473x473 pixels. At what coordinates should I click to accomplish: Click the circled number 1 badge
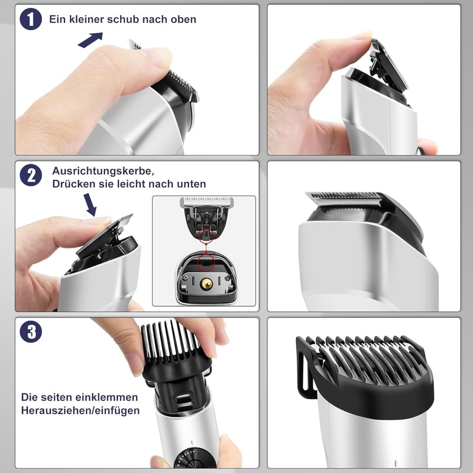pyautogui.click(x=31, y=19)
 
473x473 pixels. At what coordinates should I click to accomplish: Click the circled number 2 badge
pyautogui.click(x=31, y=175)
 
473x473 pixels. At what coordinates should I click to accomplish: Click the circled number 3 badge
pyautogui.click(x=31, y=332)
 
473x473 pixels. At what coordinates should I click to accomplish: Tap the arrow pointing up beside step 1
pyautogui.click(x=90, y=40)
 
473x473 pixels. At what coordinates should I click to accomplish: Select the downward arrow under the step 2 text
pyautogui.click(x=90, y=205)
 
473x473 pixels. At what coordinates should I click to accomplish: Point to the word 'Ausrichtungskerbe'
pyautogui.click(x=102, y=171)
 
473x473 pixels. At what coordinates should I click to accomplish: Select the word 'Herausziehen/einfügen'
pyautogui.click(x=80, y=410)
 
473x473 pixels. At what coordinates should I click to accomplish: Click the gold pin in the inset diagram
pyautogui.click(x=206, y=283)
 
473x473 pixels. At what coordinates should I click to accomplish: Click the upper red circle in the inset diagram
pyautogui.click(x=206, y=235)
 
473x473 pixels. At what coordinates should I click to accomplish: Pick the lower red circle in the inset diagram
pyautogui.click(x=206, y=262)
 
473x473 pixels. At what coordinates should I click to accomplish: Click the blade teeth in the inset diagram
pyautogui.click(x=207, y=200)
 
